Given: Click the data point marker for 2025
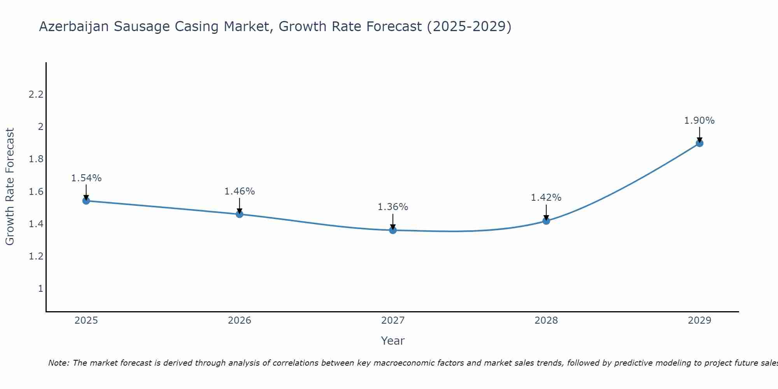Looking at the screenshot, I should click(86, 201).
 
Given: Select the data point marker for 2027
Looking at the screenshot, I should click(393, 230).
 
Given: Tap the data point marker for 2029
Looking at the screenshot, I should click(699, 143).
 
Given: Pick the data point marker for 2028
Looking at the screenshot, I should click(546, 221).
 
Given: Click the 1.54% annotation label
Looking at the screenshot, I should click(86, 178).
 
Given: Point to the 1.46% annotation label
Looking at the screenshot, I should click(239, 191).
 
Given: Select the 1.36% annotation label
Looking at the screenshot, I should click(393, 207).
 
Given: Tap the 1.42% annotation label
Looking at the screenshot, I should click(546, 198).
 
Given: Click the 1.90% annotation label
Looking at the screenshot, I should click(699, 121).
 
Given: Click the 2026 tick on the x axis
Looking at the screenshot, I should click(239, 321).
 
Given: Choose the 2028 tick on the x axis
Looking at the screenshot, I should click(546, 321).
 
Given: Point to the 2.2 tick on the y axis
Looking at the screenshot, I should click(36, 95).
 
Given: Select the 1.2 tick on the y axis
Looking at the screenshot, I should click(36, 256).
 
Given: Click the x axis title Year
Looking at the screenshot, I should click(393, 341).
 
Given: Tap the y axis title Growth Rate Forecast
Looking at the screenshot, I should click(10, 187).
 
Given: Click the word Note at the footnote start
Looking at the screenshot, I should click(58, 363).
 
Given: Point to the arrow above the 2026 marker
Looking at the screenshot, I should click(239, 205).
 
